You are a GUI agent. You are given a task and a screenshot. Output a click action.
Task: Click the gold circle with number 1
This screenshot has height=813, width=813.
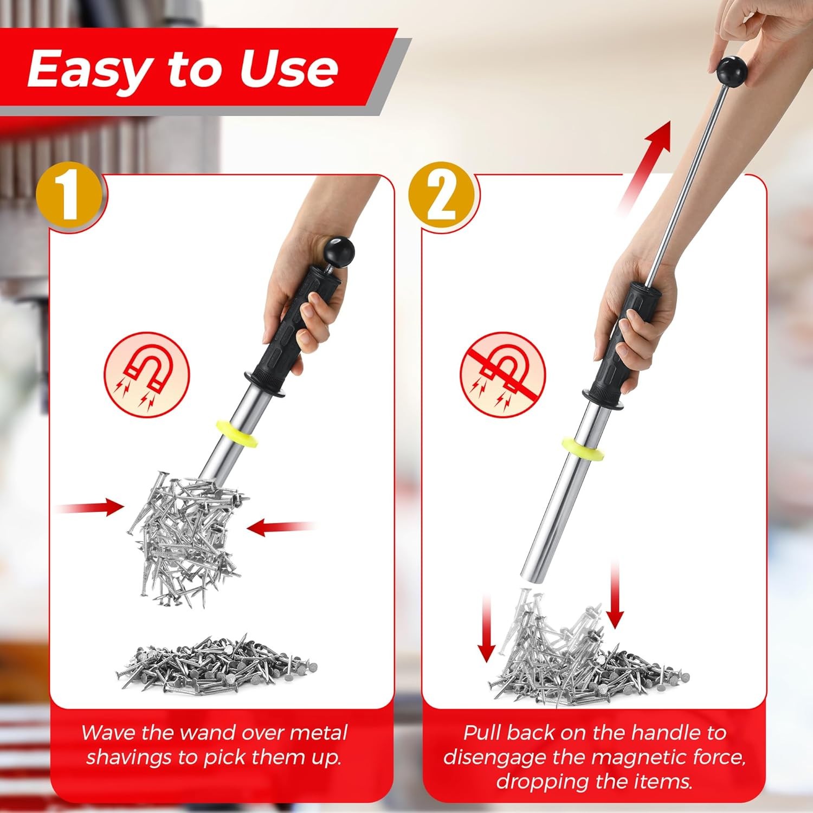coord(68,196)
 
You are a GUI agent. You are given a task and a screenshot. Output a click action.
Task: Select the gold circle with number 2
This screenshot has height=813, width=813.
coord(441,196)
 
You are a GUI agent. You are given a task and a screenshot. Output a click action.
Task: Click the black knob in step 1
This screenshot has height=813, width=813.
coord(339,251)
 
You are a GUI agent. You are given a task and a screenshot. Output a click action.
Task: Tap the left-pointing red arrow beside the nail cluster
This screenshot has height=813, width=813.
coord(279,526)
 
